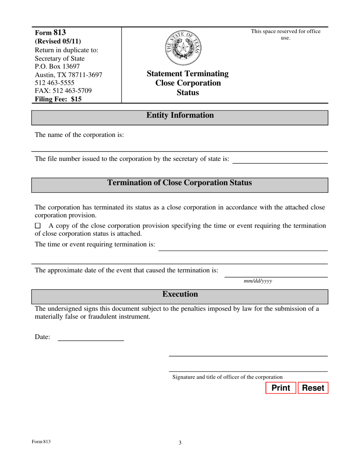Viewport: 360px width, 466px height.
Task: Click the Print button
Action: click(x=280, y=388)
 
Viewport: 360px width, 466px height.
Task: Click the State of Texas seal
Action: click(x=184, y=48)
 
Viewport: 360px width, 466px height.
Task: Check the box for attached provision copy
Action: click(x=38, y=226)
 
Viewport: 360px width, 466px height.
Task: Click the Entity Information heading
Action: click(x=180, y=116)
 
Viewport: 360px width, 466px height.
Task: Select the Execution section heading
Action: click(x=180, y=294)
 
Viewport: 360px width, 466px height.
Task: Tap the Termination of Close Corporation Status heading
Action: click(x=180, y=183)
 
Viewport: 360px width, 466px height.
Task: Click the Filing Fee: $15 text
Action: click(x=58, y=99)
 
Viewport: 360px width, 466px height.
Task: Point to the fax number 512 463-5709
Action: click(x=63, y=91)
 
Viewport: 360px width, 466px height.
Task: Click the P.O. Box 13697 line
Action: click(x=57, y=67)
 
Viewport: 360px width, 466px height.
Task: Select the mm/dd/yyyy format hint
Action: click(x=258, y=281)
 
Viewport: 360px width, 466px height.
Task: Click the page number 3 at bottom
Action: click(x=180, y=443)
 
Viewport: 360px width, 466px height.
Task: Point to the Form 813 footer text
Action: click(x=41, y=442)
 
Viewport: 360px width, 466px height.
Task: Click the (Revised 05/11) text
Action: click(x=58, y=41)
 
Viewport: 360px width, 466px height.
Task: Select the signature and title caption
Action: click(x=227, y=377)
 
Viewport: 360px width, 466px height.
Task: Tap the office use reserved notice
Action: click(x=285, y=34)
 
